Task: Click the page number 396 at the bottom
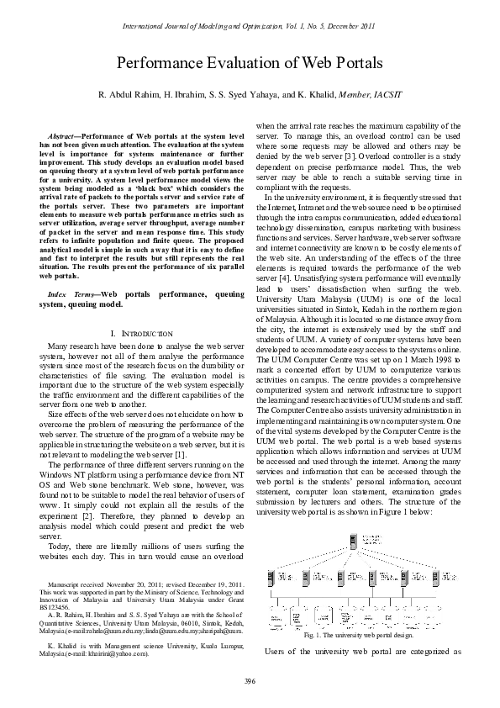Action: pyautogui.click(x=250, y=679)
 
